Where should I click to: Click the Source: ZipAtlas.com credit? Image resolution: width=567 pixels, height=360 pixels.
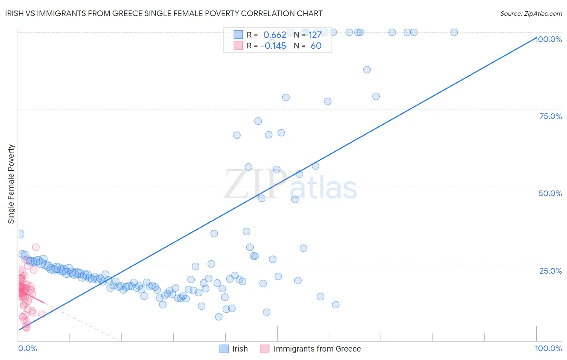pyautogui.click(x=531, y=14)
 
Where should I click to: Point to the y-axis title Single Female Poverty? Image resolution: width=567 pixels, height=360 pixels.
pyautogui.click(x=11, y=184)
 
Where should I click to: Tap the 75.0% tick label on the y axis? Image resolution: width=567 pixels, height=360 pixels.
pyautogui.click(x=550, y=116)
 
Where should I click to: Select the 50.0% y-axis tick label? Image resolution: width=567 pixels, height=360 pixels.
pyautogui.click(x=550, y=193)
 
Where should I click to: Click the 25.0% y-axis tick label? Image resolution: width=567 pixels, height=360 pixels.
pyautogui.click(x=550, y=270)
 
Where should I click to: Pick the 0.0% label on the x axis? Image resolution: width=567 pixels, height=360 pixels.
pyautogui.click(x=27, y=348)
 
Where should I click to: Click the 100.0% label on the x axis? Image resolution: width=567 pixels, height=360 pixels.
pyautogui.click(x=548, y=348)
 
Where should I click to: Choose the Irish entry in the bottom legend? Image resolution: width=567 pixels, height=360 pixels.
pyautogui.click(x=240, y=349)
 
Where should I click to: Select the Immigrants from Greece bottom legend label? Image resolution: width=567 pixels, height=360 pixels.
pyautogui.click(x=317, y=349)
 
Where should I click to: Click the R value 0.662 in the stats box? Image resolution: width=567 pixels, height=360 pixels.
pyautogui.click(x=275, y=35)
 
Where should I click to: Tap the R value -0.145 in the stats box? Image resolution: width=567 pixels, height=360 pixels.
pyautogui.click(x=273, y=46)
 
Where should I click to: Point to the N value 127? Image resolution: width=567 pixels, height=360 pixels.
pyautogui.click(x=315, y=35)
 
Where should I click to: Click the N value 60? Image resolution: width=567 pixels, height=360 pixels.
pyautogui.click(x=316, y=46)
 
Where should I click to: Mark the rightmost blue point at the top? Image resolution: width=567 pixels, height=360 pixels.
pyautogui.click(x=454, y=32)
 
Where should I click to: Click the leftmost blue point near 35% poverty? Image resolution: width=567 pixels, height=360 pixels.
pyautogui.click(x=20, y=234)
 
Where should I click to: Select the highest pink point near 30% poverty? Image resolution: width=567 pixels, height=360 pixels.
pyautogui.click(x=35, y=247)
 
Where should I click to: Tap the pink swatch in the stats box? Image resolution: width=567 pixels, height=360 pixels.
pyautogui.click(x=238, y=46)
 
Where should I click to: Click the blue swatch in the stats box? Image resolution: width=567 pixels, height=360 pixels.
pyautogui.click(x=238, y=35)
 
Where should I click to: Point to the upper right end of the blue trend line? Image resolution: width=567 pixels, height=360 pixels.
pyautogui.click(x=536, y=38)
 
